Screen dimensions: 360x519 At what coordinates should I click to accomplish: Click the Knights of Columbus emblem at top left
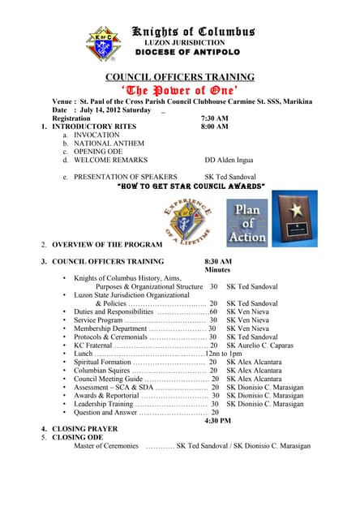102,45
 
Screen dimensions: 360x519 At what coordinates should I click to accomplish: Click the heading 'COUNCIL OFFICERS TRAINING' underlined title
179,77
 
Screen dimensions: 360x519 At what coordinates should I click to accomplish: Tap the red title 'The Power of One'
179,90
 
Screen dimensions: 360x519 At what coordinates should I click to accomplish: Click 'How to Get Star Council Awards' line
179,186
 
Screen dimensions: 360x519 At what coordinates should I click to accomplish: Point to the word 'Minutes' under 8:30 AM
217,269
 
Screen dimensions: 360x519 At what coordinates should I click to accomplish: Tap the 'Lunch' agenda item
83,354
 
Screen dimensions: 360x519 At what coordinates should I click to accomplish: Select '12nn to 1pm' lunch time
224,354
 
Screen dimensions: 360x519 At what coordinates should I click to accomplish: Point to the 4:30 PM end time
217,420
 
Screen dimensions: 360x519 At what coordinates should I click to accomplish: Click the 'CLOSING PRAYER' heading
84,428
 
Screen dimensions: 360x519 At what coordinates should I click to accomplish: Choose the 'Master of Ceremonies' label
106,445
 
